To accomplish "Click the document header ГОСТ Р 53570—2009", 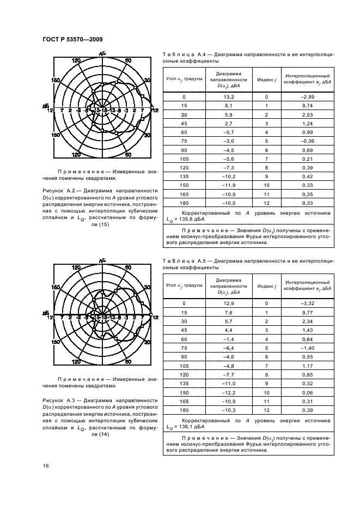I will (x=72, y=39).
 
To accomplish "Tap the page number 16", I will (x=46, y=465).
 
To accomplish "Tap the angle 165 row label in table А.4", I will (x=184, y=193).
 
